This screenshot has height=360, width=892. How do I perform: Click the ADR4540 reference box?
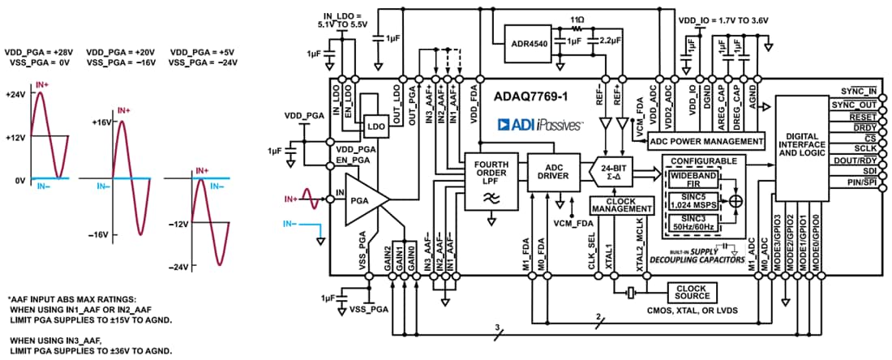coord(526,36)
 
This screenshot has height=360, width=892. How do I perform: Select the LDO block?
coord(375,126)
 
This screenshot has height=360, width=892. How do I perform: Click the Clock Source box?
coord(688,292)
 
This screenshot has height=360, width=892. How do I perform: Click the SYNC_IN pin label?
coord(860,91)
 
